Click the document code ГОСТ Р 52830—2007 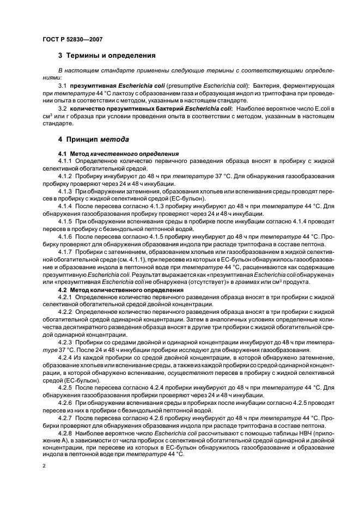pyautogui.click(x=72, y=39)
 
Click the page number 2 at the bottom pyautogui.click(x=44, y=466)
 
